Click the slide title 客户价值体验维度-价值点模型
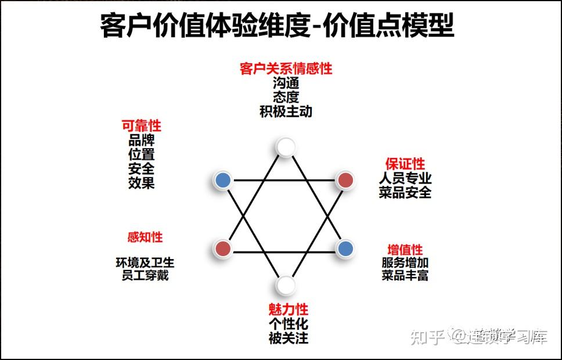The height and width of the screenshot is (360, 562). coord(277,26)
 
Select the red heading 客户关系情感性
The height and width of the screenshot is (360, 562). coord(286,69)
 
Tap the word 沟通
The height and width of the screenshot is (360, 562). coord(286,83)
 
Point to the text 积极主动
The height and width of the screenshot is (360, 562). coord(286,111)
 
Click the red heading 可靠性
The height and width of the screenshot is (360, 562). coord(141,126)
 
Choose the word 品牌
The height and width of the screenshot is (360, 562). coord(141,141)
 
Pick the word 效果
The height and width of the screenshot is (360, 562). coord(141,183)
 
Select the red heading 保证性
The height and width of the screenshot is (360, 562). coord(405,164)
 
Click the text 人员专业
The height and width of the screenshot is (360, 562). coord(405,178)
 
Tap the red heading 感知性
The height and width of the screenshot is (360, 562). coord(145,237)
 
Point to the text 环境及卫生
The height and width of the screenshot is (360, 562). coord(145,262)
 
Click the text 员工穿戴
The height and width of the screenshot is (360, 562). coord(145,275)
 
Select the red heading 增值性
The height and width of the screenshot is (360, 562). coord(405,250)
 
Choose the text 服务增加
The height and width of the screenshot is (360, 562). coord(405,262)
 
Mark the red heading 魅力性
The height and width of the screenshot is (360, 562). coord(288,309)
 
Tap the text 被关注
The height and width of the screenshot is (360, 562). coord(288,337)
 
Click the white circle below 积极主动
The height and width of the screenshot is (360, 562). coord(285,147)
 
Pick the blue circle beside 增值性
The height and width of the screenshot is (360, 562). coord(345,249)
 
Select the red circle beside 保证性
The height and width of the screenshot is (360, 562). coord(345,180)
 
